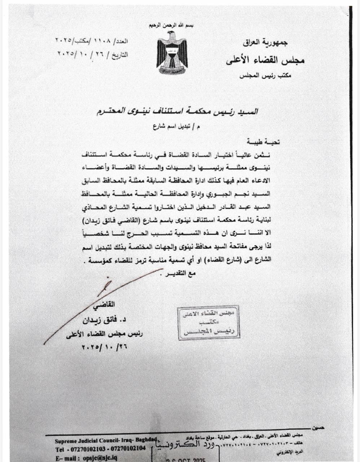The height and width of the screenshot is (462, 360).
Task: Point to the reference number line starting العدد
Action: [x=92, y=40]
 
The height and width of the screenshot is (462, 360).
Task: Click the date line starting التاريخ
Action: [x=93, y=54]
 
